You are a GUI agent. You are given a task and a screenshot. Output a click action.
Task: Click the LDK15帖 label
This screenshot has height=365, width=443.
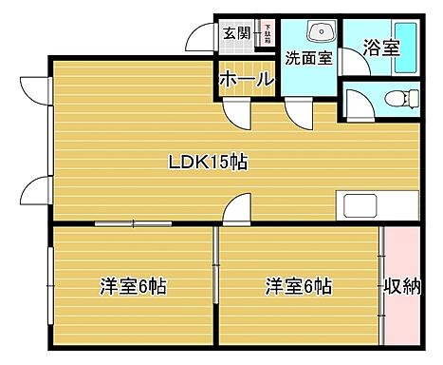(209, 162)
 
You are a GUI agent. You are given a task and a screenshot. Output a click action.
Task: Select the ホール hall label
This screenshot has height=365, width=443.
(247, 80)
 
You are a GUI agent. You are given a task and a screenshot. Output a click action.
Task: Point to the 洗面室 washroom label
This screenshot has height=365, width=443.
(309, 57)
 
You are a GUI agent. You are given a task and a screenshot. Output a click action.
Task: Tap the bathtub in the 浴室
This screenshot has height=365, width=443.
(404, 48)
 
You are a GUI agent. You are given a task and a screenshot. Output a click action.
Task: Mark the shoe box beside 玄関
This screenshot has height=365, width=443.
(268, 34)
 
